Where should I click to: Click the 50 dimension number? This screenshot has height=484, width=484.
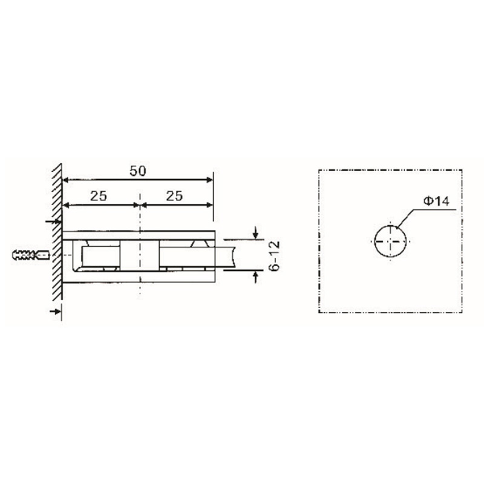139,171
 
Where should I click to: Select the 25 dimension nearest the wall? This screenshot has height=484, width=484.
99,195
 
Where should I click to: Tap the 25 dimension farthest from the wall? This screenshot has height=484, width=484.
174,195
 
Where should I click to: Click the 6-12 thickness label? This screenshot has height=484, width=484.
273,255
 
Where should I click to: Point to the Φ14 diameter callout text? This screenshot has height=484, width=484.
436,201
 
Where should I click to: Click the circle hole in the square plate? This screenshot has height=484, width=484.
391,241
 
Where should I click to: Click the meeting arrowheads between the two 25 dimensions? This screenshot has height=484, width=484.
140,204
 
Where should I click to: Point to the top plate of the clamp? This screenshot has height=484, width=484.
139,234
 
